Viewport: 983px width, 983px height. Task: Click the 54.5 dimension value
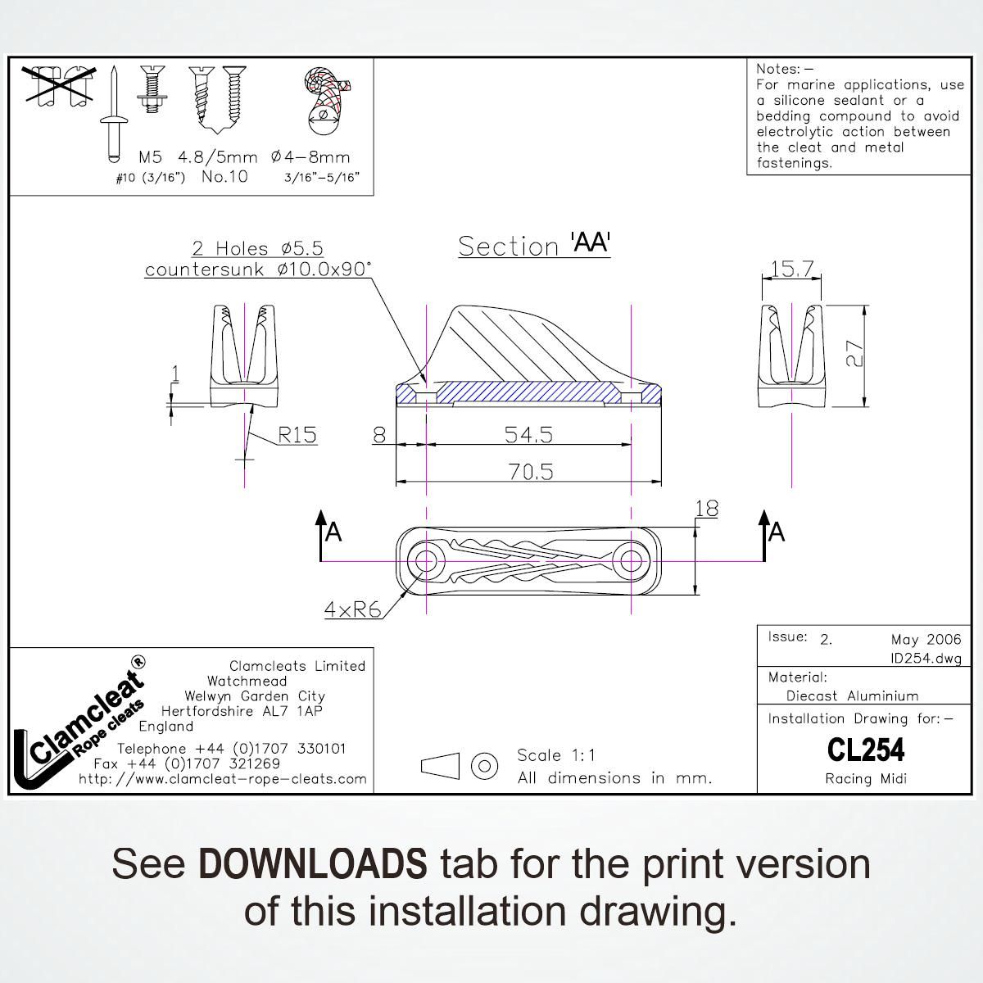[528, 435]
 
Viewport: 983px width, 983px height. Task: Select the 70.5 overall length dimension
[531, 472]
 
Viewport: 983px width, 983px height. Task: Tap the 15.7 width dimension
[791, 269]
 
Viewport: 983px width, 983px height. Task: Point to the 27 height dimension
[854, 354]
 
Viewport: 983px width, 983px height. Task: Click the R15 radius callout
[297, 435]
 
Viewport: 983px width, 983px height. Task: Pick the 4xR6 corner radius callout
[353, 609]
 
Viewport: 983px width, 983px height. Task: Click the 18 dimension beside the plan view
[706, 509]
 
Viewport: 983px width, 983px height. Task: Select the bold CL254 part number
[866, 750]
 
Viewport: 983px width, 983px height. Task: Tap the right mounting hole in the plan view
[632, 561]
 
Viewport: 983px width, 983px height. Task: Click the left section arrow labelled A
[321, 535]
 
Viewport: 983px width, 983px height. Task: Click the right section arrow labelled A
[764, 535]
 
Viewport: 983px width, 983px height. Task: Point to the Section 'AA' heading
[534, 245]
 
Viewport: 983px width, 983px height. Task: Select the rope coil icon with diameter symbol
[324, 101]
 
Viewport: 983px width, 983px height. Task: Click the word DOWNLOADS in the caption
[313, 863]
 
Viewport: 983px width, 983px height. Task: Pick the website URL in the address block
[223, 779]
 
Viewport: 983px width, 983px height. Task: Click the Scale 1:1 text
[556, 755]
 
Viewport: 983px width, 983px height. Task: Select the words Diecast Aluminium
[852, 695]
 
